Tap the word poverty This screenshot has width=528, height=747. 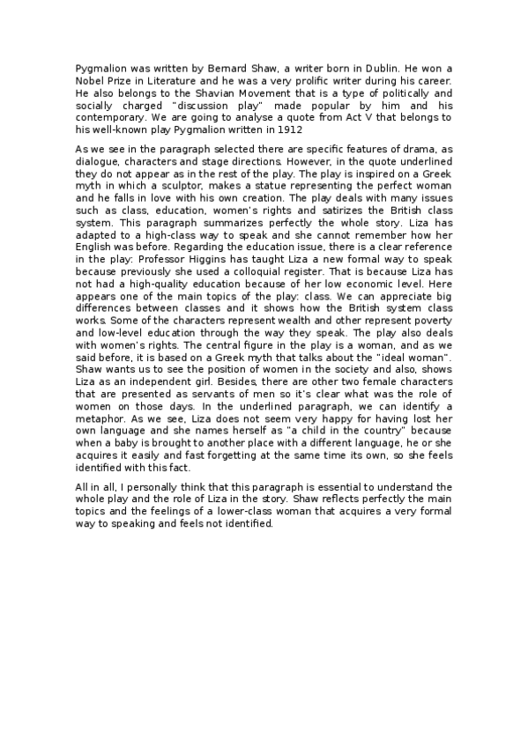point(430,347)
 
